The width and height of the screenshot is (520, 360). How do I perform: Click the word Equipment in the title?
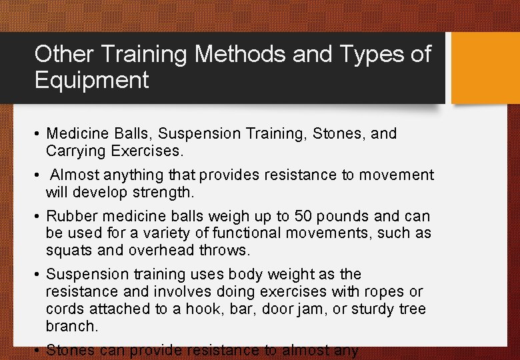tap(92, 81)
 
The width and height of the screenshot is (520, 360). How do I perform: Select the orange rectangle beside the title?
tap(485, 69)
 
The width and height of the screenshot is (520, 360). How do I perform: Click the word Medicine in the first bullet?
tap(74, 133)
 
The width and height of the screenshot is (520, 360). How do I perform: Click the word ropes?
tap(388, 292)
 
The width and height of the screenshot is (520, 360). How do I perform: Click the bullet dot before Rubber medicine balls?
tap(39, 217)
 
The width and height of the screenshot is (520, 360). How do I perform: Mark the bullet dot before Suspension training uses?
tap(39, 275)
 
